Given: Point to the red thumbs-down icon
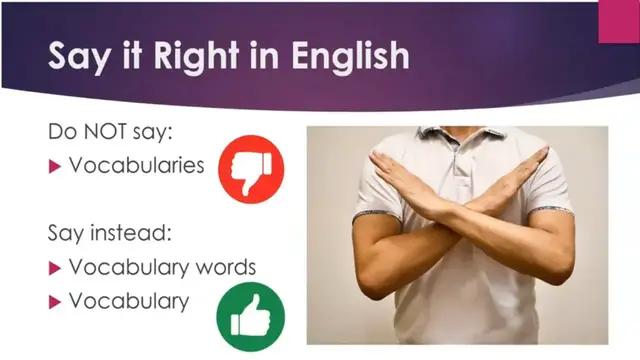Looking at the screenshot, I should [251, 169].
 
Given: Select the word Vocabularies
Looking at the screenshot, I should [137, 164].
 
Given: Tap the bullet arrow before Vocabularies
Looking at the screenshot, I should [55, 165].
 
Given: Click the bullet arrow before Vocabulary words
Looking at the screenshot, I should [55, 268].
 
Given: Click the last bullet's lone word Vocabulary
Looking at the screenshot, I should [128, 300].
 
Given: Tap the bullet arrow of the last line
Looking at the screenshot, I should [55, 301].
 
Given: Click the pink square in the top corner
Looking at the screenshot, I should [619, 20].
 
